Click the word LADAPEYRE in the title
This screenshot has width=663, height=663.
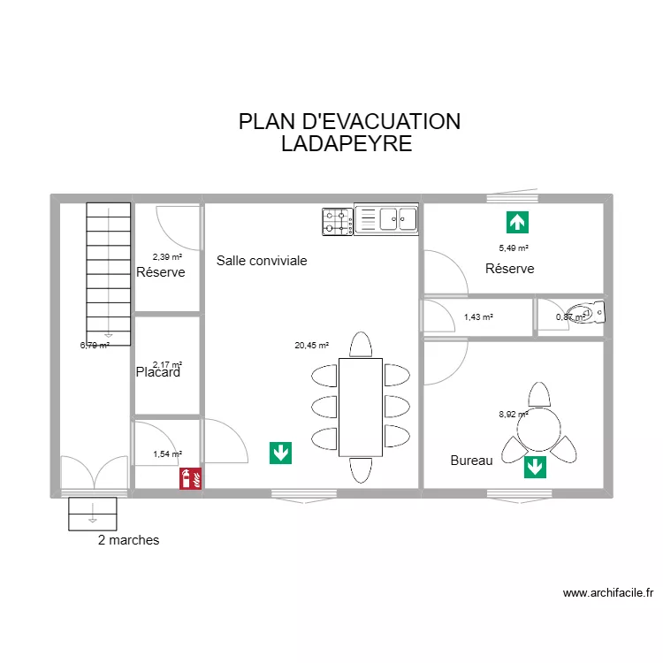tap(347, 144)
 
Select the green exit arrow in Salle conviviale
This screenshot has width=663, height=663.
tap(281, 453)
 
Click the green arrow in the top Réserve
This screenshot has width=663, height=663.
tap(517, 222)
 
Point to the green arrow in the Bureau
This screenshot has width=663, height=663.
tap(535, 467)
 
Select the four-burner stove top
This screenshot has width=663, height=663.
tap(337, 221)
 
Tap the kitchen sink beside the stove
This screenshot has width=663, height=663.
tap(385, 219)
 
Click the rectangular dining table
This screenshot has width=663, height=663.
tap(361, 407)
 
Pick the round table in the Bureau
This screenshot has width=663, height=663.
tap(538, 431)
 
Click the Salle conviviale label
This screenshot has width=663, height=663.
tap(262, 261)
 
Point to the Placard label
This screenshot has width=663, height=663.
tap(158, 373)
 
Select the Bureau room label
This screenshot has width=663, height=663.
tap(471, 461)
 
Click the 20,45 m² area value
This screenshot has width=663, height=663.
tap(311, 346)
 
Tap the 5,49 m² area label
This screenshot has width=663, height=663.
tap(514, 248)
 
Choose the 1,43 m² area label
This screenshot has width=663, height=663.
tap(478, 316)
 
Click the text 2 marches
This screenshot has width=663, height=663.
tap(129, 540)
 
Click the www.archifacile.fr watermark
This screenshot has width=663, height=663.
tap(607, 594)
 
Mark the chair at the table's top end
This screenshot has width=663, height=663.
tap(361, 344)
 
